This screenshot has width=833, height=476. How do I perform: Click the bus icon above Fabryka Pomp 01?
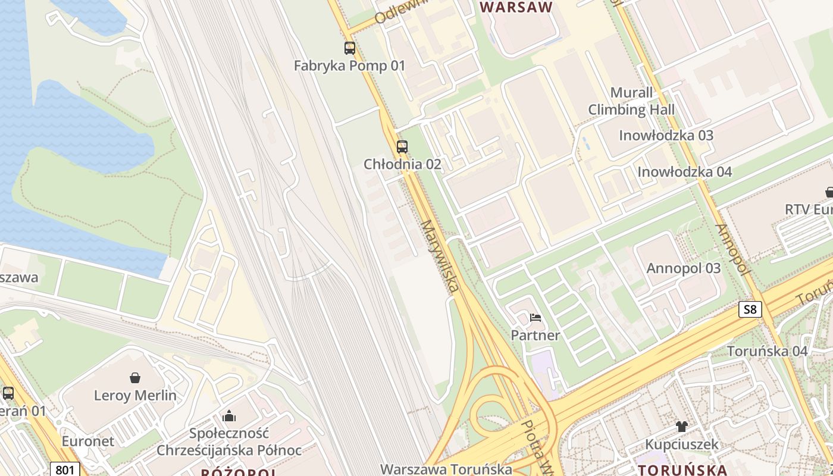click(x=350, y=48)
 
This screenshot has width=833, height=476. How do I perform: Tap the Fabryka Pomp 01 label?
click(x=349, y=65)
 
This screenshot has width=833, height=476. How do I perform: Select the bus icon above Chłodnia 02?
click(x=402, y=147)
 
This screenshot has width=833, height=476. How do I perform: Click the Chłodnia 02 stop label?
click(x=403, y=164)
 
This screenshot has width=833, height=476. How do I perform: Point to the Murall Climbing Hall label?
click(x=631, y=101)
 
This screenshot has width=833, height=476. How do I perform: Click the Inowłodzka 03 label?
click(x=666, y=135)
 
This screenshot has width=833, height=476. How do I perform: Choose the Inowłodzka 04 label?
click(x=684, y=172)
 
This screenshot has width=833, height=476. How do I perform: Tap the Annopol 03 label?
click(x=684, y=268)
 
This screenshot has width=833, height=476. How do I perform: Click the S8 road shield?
click(x=750, y=309)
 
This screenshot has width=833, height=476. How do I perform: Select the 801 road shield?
click(x=64, y=469)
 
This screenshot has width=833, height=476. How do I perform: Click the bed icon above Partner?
click(x=535, y=318)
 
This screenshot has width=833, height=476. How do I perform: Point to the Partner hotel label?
click(x=535, y=336)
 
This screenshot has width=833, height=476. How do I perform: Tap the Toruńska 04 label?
click(x=767, y=351)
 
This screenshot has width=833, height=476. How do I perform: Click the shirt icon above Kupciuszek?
click(x=682, y=427)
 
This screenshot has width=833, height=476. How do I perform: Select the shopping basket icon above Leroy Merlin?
click(x=135, y=378)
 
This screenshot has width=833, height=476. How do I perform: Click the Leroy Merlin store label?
click(x=135, y=395)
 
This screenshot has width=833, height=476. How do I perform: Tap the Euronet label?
click(x=88, y=441)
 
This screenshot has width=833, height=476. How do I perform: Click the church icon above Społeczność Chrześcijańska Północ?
click(x=229, y=415)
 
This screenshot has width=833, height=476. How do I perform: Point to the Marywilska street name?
click(x=440, y=256)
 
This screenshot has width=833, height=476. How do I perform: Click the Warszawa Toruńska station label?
click(x=446, y=469)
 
